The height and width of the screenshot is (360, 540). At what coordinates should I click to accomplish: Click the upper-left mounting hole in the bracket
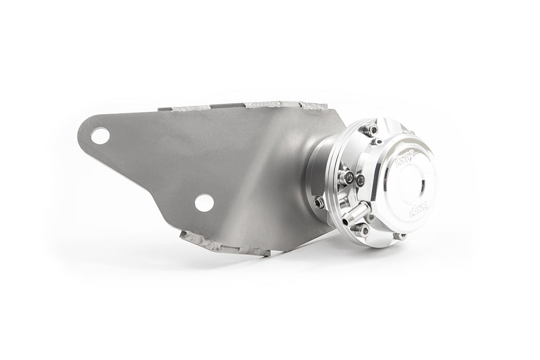[x=100, y=135]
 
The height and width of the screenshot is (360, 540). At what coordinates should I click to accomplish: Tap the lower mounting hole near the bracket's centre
[x=204, y=202]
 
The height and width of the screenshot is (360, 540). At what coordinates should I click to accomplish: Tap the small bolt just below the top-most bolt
[x=378, y=142]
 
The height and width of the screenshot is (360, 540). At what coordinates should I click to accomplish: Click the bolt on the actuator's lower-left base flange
[x=318, y=202]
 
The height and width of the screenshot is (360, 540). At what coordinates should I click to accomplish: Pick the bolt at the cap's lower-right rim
[x=401, y=236]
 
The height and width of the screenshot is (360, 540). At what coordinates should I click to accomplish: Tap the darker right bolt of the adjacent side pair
[x=360, y=179]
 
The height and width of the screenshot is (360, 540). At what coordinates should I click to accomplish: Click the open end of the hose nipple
[x=365, y=206]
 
